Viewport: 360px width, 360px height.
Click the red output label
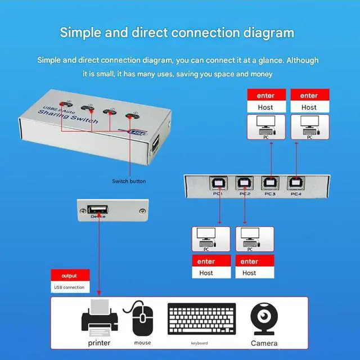coord(69,276)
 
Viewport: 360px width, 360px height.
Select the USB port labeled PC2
coord(244,183)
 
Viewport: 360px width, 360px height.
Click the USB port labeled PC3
coord(269,183)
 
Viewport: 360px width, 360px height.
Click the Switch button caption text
coord(128,181)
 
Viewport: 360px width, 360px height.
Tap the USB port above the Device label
coord(98,211)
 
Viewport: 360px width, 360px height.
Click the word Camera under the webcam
coord(264,343)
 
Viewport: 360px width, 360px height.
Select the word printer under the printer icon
coord(99,343)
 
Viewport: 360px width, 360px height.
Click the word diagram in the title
coord(265,33)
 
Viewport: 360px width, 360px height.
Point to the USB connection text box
coord(69,287)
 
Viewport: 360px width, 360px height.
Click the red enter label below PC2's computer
coord(250,262)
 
